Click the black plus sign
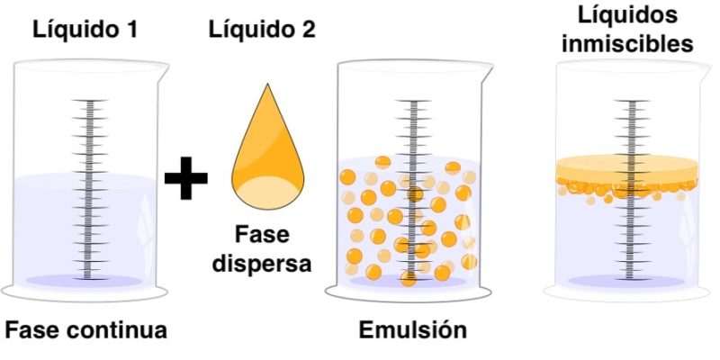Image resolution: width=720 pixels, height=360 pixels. click(186, 177)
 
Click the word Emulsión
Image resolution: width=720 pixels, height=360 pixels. click(412, 329)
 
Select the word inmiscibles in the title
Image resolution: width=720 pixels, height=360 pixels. click(627, 44)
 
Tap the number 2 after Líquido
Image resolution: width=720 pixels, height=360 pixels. click(308, 31)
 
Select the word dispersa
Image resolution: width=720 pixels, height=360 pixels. click(262, 264)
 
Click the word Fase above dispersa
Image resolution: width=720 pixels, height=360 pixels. click(262, 235)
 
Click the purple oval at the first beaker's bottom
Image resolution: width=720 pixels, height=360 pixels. click(85, 281)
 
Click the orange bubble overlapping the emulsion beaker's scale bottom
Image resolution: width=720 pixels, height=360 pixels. click(409, 278)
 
